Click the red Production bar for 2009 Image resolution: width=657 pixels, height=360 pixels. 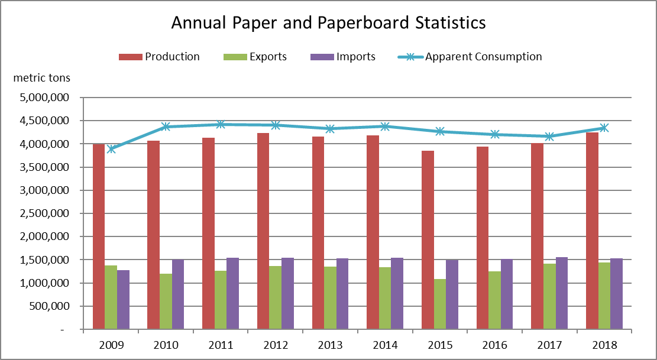pos(98,236)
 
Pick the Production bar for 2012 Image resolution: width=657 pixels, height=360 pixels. pos(263,231)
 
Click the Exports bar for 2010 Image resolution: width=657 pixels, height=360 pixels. pos(165,301)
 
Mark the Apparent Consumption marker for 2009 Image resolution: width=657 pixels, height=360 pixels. pos(111,149)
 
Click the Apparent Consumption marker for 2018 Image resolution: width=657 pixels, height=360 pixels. pos(604,128)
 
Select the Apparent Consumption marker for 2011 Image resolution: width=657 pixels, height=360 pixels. pos(221,124)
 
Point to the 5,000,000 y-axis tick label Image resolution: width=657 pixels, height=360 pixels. pos(45,98)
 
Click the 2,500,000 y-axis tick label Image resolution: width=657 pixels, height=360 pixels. pos(45,213)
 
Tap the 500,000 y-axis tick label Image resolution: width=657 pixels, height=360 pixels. pos(51,306)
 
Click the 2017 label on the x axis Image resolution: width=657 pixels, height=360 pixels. pos(549,345)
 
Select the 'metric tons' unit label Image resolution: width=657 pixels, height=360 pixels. pos(41,77)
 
